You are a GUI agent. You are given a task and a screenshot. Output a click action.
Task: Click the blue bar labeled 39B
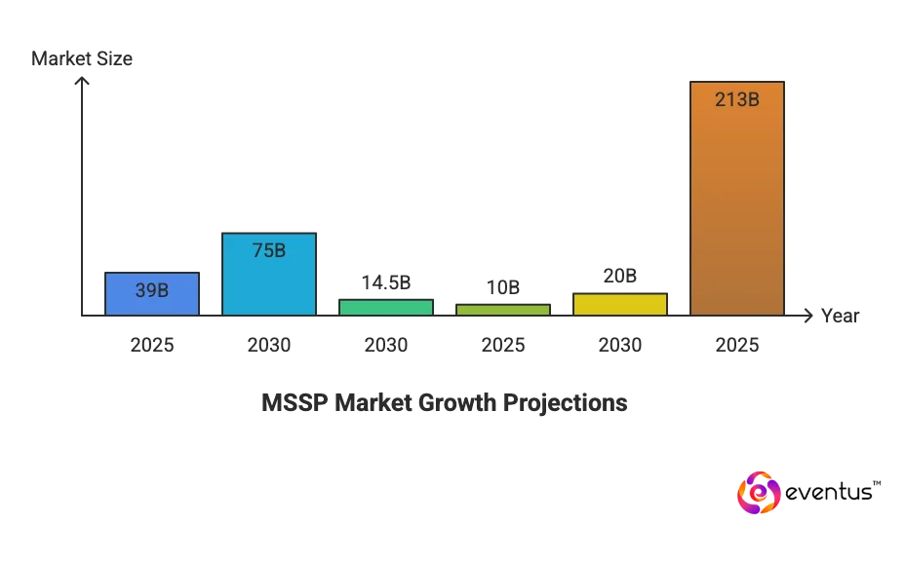(151, 292)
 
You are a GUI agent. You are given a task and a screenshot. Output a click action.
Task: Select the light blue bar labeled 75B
(268, 274)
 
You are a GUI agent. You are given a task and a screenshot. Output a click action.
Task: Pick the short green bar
(385, 307)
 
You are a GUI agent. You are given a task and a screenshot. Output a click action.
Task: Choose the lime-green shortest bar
(502, 310)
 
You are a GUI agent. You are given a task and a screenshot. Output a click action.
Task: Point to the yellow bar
(619, 304)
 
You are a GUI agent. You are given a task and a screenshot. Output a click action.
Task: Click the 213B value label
(736, 98)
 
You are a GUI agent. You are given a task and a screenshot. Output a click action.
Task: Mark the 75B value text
(268, 250)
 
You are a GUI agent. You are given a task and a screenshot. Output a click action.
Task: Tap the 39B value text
(151, 289)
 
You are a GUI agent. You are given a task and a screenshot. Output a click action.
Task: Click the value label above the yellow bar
(619, 278)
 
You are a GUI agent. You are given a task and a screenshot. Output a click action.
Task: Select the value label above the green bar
(385, 284)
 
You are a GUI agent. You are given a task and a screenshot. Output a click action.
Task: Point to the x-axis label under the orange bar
(736, 346)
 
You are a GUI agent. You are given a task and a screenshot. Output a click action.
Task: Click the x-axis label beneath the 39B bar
(151, 346)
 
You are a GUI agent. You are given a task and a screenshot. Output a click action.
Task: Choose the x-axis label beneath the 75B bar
(268, 346)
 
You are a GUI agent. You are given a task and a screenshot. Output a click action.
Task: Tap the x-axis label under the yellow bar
(619, 346)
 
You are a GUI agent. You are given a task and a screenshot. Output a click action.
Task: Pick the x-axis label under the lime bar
(502, 346)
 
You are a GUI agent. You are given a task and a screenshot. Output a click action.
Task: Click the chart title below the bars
(444, 403)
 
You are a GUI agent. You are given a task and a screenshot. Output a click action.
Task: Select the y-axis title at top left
(81, 60)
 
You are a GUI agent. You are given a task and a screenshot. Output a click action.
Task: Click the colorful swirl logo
(759, 493)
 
